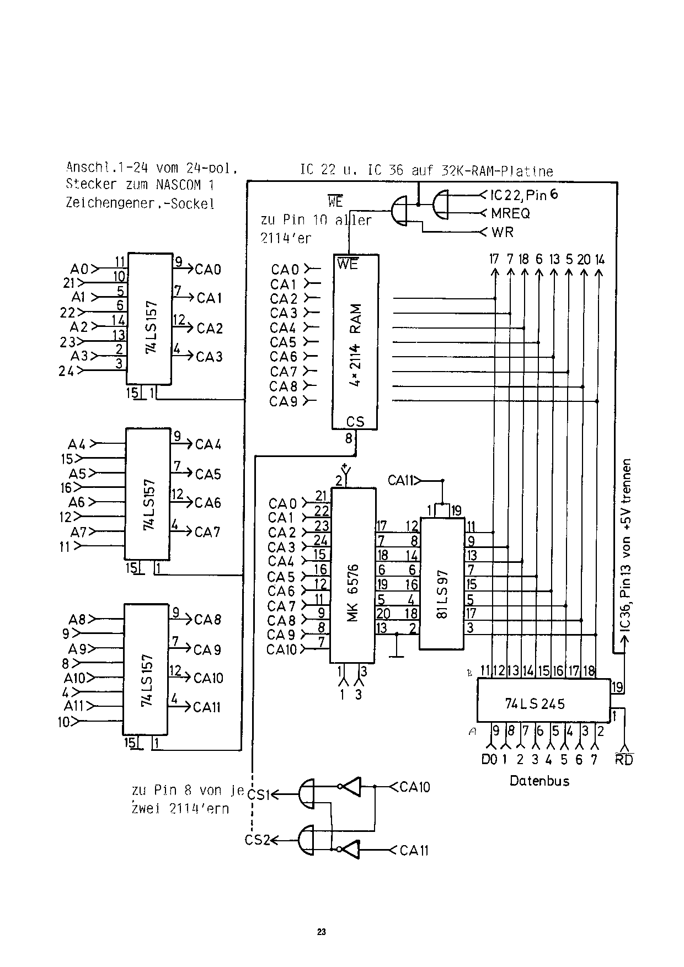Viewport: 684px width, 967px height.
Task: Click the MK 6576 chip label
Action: click(x=354, y=592)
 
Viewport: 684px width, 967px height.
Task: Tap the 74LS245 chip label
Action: click(x=535, y=703)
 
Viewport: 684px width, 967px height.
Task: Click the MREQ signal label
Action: click(x=510, y=213)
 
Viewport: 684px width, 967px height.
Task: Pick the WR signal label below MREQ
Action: click(x=502, y=232)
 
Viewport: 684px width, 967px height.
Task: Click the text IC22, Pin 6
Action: click(x=523, y=195)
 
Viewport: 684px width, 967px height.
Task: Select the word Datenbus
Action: click(x=539, y=781)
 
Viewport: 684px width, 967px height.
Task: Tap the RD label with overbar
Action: click(x=624, y=760)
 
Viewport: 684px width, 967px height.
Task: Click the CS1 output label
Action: click(x=259, y=794)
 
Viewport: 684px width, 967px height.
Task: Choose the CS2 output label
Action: click(x=257, y=840)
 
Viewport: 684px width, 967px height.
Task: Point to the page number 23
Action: click(x=322, y=932)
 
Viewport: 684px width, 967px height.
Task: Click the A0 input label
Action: click(x=79, y=269)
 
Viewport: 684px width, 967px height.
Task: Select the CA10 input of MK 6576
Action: click(x=281, y=649)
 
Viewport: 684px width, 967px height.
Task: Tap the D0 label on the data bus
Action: click(x=489, y=760)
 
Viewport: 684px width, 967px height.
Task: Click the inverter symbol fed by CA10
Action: click(x=351, y=787)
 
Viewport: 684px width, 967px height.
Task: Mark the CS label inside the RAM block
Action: click(x=355, y=422)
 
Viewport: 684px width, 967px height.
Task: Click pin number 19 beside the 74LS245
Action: click(x=617, y=687)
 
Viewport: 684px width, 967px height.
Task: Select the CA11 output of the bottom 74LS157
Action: click(x=207, y=707)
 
